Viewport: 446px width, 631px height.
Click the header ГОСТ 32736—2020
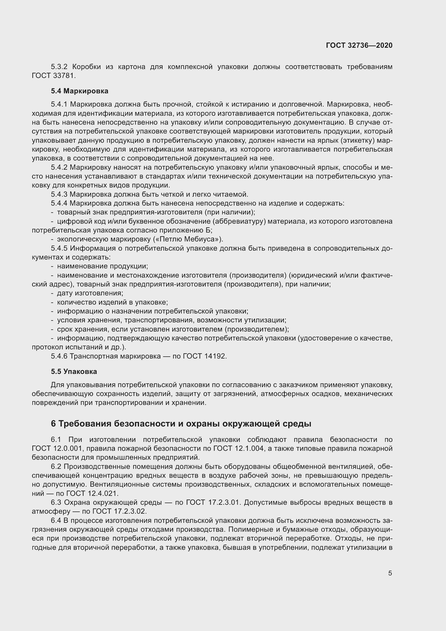coord(359,45)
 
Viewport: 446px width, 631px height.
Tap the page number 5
coord(390,573)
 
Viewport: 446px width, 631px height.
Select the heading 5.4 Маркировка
coord(80,91)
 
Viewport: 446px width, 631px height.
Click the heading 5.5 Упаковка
coord(74,371)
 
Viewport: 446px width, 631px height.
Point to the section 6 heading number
coord(53,424)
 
